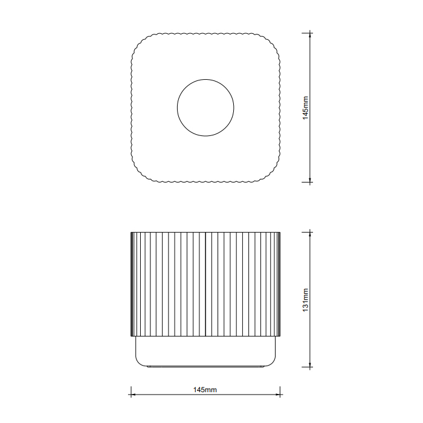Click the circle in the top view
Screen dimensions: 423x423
[x=205, y=108]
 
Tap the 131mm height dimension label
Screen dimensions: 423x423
[x=306, y=299]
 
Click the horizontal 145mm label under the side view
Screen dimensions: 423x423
[x=205, y=390]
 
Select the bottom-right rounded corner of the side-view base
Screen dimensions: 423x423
[x=274, y=363]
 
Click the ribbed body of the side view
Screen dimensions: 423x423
[x=205, y=284]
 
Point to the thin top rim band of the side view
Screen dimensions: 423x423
[x=205, y=232]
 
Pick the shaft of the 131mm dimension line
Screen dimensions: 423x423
[x=311, y=266]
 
